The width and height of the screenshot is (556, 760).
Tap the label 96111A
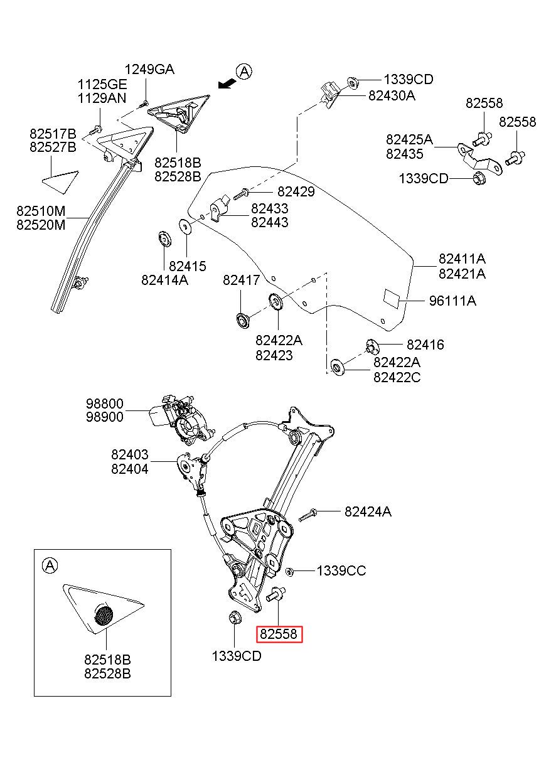tap(452, 301)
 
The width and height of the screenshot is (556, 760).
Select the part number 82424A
tap(368, 511)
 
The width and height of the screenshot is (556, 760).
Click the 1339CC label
tap(341, 570)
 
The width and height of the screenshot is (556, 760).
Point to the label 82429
tap(296, 193)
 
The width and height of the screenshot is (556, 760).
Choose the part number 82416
tap(425, 345)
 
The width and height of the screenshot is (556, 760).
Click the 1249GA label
tap(149, 69)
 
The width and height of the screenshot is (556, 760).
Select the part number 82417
tap(241, 281)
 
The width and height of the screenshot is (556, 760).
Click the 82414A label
tap(164, 281)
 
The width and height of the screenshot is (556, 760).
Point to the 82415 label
tap(187, 266)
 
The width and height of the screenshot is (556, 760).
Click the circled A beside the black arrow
tap(244, 72)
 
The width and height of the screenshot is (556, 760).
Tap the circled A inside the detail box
tap(50, 565)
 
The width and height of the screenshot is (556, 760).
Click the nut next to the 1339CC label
tap(290, 571)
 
